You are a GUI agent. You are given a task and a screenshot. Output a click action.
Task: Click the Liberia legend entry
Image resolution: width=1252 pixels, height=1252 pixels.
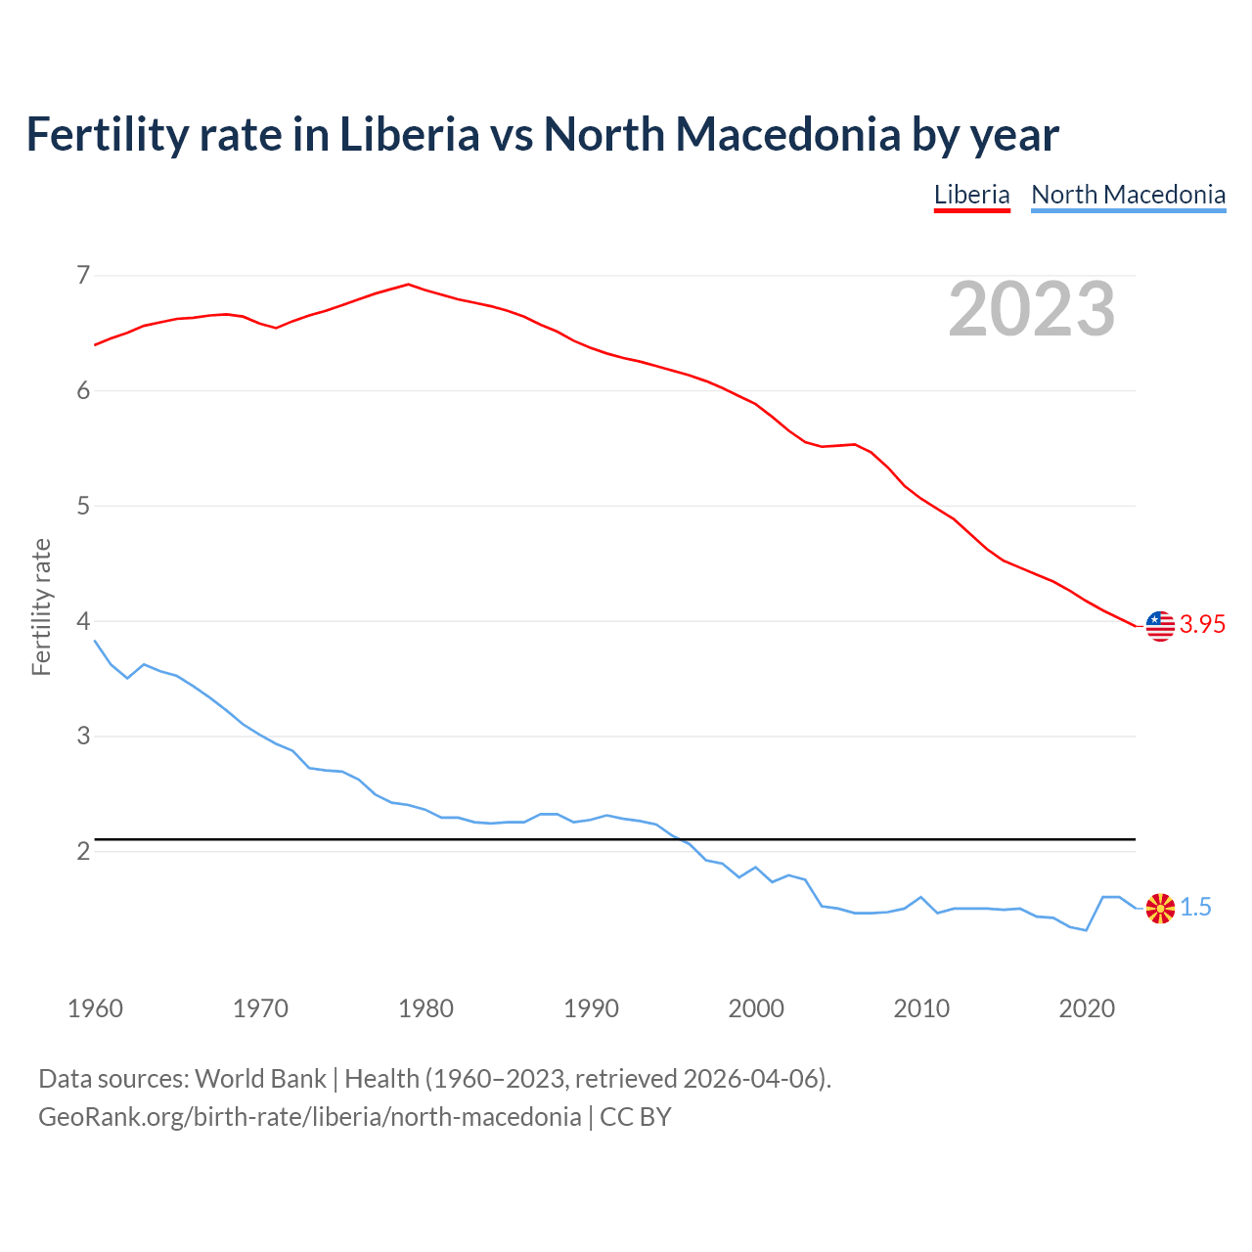(971, 195)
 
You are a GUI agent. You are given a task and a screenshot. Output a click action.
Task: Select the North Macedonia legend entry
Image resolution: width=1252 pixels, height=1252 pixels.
(1128, 195)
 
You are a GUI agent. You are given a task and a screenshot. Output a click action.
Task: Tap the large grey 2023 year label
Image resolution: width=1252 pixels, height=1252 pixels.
(1031, 309)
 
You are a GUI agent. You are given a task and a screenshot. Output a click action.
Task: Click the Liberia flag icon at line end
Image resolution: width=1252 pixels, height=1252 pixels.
(1160, 625)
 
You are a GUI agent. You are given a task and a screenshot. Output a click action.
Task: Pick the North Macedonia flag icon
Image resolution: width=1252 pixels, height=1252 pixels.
(1160, 909)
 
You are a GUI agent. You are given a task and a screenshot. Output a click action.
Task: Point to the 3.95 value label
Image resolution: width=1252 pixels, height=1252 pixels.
(1202, 625)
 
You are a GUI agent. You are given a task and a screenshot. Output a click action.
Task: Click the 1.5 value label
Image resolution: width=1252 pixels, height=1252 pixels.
(1195, 908)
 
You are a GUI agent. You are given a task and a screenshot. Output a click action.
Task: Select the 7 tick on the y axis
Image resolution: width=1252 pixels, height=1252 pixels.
(83, 275)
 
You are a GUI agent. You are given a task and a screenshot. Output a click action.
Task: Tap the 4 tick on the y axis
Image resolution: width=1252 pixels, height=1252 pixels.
(83, 621)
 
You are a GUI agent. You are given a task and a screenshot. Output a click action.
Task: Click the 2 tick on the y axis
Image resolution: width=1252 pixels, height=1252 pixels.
(83, 851)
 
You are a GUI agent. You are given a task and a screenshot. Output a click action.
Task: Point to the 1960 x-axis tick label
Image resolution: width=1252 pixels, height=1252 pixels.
(95, 1008)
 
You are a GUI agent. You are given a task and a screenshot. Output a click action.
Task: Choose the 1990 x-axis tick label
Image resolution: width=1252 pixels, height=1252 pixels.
(591, 1008)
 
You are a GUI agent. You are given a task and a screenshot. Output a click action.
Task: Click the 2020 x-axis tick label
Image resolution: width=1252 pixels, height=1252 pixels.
(1087, 1008)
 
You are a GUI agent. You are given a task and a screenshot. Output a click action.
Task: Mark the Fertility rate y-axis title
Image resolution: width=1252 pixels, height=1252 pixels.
(41, 606)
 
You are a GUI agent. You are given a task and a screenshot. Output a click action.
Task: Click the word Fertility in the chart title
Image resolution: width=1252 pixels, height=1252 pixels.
(106, 134)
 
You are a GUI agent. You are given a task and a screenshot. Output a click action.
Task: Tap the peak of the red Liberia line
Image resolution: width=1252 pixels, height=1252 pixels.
(408, 285)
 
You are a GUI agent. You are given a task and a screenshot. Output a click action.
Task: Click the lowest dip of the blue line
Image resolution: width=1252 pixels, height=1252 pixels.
(1086, 930)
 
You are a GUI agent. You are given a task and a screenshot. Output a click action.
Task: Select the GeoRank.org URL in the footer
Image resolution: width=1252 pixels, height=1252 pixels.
(309, 1117)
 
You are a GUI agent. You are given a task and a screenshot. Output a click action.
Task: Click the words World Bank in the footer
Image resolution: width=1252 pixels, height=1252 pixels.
(260, 1079)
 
